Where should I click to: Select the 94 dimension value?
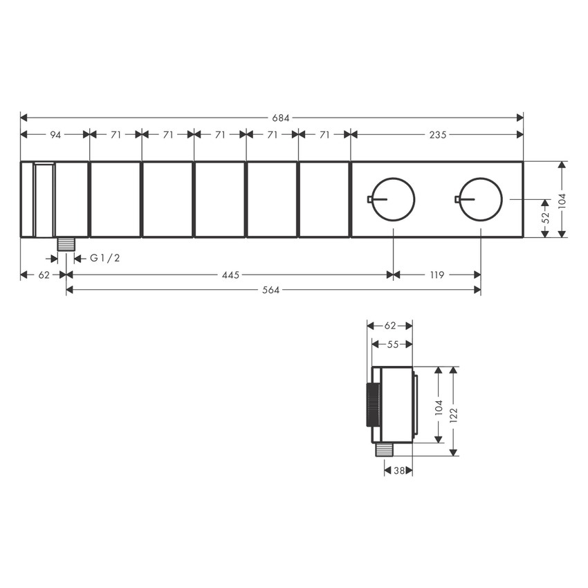(x=55, y=135)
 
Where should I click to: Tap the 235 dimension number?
(x=437, y=135)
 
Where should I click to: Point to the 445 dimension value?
(x=230, y=275)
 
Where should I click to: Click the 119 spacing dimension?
(x=437, y=275)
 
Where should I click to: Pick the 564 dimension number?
(x=271, y=291)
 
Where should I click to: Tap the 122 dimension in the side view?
(x=454, y=412)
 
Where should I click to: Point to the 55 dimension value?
(x=392, y=343)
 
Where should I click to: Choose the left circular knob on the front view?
(x=394, y=199)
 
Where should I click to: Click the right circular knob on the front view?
(x=481, y=199)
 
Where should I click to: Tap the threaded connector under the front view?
(x=66, y=244)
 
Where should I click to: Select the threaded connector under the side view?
(x=384, y=450)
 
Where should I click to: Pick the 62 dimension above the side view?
(x=389, y=325)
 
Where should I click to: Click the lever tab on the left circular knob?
(x=371, y=200)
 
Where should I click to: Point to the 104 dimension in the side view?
(x=437, y=406)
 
